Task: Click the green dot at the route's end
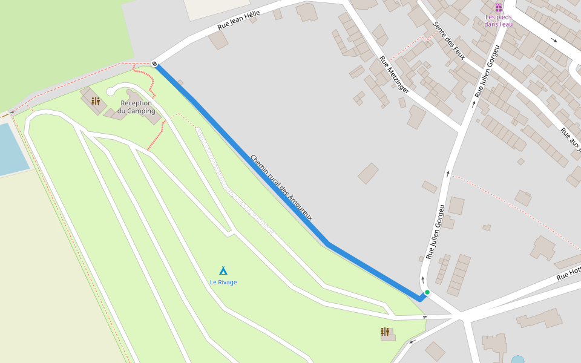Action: [427, 292]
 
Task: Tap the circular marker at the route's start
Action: [155, 64]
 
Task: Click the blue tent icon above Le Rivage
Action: [223, 270]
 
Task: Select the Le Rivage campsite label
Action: [223, 282]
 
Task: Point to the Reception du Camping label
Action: [136, 107]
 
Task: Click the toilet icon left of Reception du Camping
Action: [96, 101]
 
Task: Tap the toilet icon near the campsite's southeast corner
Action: [385, 332]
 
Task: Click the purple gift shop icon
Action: [498, 8]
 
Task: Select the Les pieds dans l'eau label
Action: [498, 21]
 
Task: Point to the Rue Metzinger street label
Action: [395, 74]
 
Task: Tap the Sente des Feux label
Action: [448, 41]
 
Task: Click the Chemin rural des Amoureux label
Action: [281, 188]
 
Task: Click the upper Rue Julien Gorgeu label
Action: [487, 71]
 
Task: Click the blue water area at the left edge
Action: [9, 148]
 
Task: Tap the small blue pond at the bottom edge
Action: [517, 359]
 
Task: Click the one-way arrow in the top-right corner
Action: [554, 41]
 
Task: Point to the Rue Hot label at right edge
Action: [569, 273]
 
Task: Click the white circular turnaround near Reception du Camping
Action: [110, 91]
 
